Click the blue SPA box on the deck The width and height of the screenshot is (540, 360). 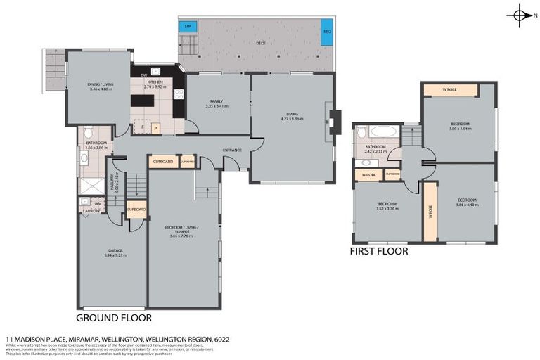[x=188, y=27]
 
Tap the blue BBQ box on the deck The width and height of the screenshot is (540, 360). [x=326, y=32]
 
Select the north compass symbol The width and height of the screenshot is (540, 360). [x=520, y=15]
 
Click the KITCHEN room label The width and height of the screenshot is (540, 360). [x=155, y=82]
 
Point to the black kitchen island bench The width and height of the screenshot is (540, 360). [x=142, y=101]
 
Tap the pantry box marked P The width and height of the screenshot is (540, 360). [x=156, y=127]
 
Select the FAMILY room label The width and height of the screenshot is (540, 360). [x=216, y=101]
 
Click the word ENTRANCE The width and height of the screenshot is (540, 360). [x=232, y=150]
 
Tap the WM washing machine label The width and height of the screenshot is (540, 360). [x=98, y=203]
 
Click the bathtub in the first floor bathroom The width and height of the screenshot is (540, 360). [x=383, y=131]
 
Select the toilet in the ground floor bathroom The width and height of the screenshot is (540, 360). [x=87, y=133]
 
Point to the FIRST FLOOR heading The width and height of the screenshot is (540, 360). [x=379, y=250]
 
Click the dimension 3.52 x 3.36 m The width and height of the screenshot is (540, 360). [x=387, y=209]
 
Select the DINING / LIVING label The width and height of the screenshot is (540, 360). [x=101, y=85]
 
